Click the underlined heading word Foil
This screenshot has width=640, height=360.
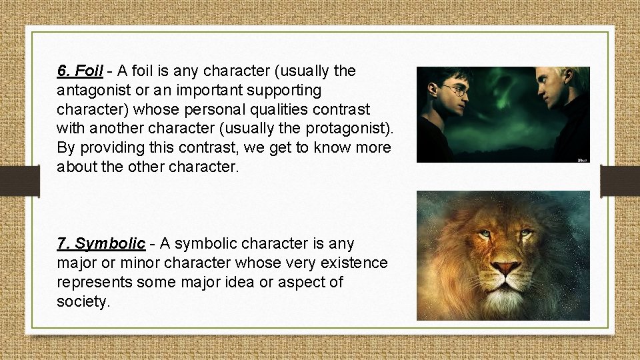click(89, 71)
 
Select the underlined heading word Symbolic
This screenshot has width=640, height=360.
click(109, 244)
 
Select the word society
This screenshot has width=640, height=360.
click(83, 302)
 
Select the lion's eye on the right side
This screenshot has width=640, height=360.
click(526, 233)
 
